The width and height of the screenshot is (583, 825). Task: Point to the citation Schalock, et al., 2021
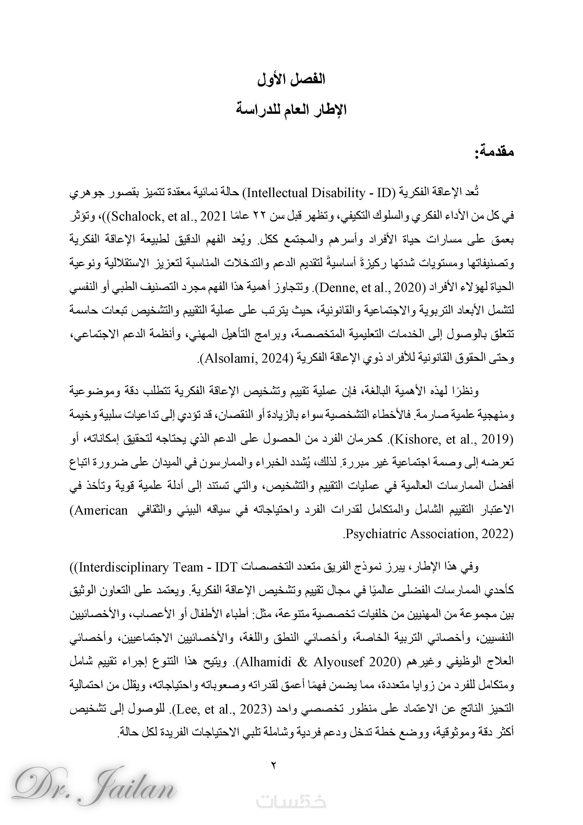169,217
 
